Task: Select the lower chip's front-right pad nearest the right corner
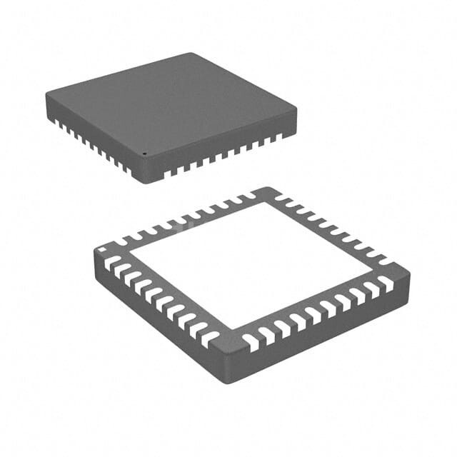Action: coord(386,283)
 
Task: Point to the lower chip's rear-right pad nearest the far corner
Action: coord(283,198)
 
